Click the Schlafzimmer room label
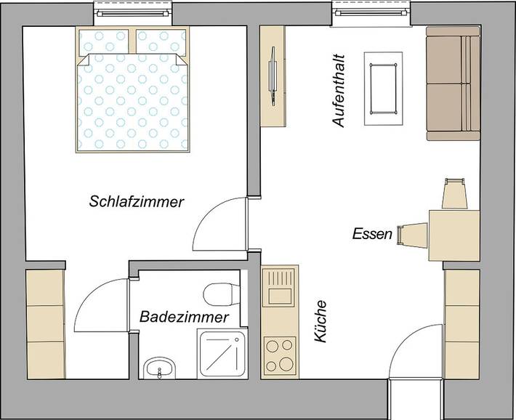point(136,201)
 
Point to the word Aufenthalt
point(338,91)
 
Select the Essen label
point(372,234)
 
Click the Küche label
point(321,323)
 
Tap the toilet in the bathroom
point(220,294)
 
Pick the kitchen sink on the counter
point(279,288)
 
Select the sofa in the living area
point(453,84)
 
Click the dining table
point(454,235)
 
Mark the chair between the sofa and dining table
point(454,193)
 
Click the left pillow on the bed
point(103,41)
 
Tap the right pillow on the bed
point(161,41)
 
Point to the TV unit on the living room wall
point(274,76)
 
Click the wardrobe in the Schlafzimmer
point(46,323)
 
